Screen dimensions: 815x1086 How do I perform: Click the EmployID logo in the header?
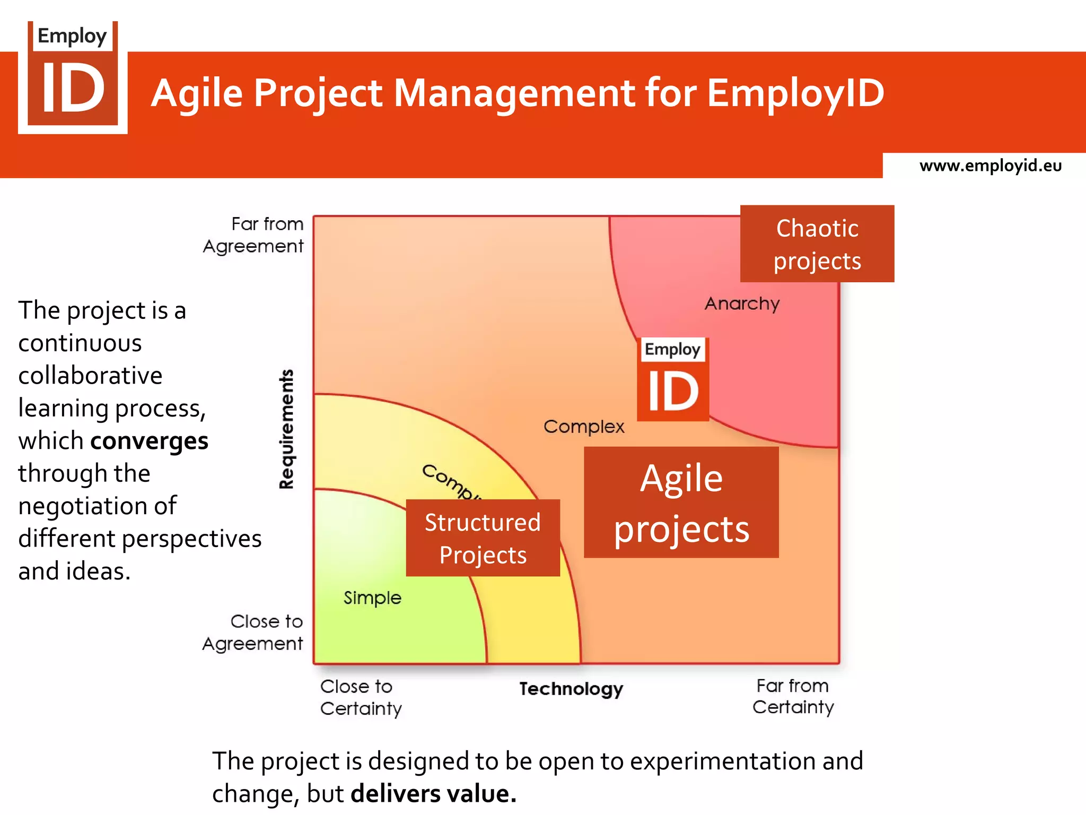coord(73,77)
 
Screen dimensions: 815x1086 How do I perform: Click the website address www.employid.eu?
coord(990,166)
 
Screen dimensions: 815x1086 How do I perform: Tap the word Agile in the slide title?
coord(197,93)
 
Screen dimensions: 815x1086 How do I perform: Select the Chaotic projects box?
coord(817,244)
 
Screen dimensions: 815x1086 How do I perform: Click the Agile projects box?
coord(681,502)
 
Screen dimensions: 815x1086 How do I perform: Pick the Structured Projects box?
coord(483,538)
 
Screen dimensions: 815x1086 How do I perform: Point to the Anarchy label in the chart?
coord(742,304)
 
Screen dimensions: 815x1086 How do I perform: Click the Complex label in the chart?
coord(584,427)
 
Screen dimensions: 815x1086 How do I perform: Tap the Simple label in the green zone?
coord(372,598)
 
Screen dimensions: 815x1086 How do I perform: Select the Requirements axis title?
coord(286,429)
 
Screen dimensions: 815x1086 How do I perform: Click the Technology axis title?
coord(571,689)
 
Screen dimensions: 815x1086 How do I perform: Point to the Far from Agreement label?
coord(253,235)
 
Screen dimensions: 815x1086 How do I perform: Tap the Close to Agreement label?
coord(253,632)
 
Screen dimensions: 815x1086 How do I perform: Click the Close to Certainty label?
coord(361,698)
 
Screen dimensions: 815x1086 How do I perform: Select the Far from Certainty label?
coord(793,697)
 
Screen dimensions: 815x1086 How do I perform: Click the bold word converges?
coord(149,441)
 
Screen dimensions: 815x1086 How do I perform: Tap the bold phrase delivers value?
coord(433,794)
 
